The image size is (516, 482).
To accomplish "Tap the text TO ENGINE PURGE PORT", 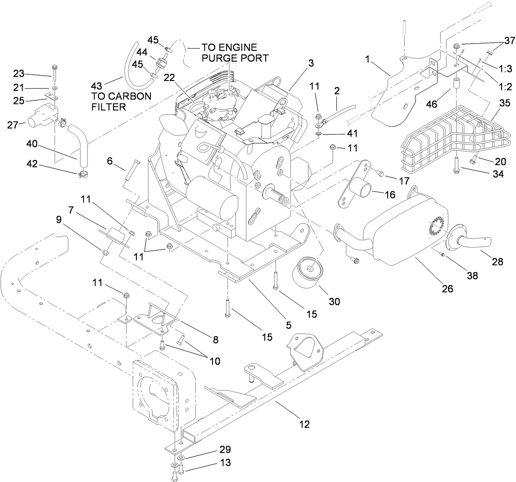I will point(228,52).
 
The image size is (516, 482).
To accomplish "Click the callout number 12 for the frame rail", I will point(304,423).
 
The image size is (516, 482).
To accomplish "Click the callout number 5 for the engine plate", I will point(289,324).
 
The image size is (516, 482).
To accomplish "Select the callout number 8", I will point(216,340).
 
